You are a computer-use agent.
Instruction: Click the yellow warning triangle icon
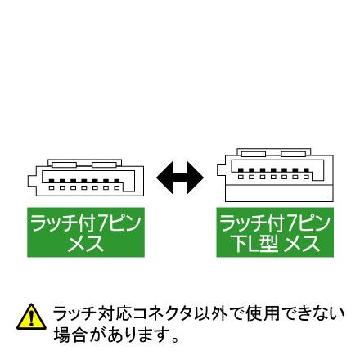pos(31,317)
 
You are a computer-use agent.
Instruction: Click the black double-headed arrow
pos(180,178)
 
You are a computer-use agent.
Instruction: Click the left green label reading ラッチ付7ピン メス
pos(86,232)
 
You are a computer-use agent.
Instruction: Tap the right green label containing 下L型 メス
pos(275,232)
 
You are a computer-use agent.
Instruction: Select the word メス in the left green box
pos(86,244)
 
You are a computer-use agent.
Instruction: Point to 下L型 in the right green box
pos(254,244)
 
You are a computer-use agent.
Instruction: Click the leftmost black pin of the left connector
pos(52,181)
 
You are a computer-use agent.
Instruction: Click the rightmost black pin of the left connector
pos(117,181)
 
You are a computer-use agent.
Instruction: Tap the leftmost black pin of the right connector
pos(241,170)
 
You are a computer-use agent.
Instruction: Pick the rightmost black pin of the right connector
pos(306,170)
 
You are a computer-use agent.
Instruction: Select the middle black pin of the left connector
pos(84,181)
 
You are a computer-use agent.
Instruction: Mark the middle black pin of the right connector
pos(273,170)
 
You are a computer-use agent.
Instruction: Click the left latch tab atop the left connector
pos(65,164)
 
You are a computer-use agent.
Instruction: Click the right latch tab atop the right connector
pos(294,154)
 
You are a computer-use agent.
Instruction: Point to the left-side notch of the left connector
pos(32,180)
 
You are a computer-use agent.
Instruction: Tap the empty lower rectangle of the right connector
pos(279,193)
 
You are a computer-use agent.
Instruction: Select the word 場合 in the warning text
pos(70,335)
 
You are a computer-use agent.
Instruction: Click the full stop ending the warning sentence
pos(175,340)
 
